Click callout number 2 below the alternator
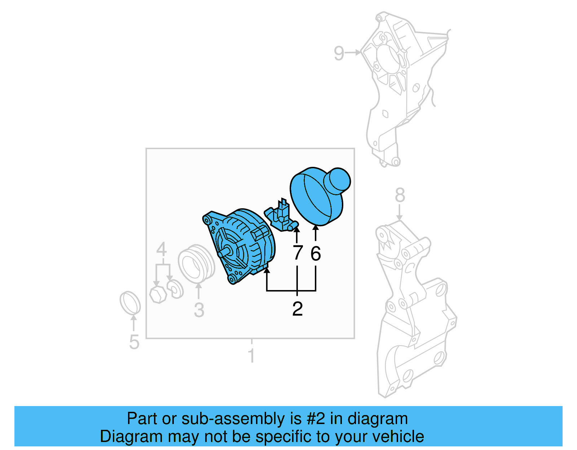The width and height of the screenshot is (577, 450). (297, 309)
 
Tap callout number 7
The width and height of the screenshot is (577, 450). (297, 253)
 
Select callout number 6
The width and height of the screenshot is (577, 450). (316, 254)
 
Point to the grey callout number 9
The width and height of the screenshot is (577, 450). (339, 53)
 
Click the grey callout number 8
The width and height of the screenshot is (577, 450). (400, 196)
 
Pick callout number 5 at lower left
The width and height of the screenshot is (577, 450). (134, 342)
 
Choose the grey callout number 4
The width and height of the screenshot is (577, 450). (161, 249)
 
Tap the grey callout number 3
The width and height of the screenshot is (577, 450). (199, 310)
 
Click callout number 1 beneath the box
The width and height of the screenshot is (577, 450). (251, 356)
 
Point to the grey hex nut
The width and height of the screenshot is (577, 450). (158, 294)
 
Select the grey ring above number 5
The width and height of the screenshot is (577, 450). (130, 303)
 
